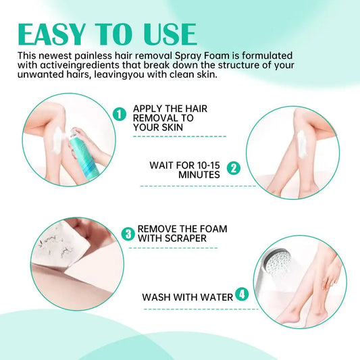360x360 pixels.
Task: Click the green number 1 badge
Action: (x=120, y=114)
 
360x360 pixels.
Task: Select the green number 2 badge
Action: (x=234, y=168)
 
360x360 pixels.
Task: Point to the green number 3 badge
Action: (x=128, y=234)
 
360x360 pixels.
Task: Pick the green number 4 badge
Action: (x=242, y=295)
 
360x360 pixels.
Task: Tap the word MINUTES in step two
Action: (x=199, y=174)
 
